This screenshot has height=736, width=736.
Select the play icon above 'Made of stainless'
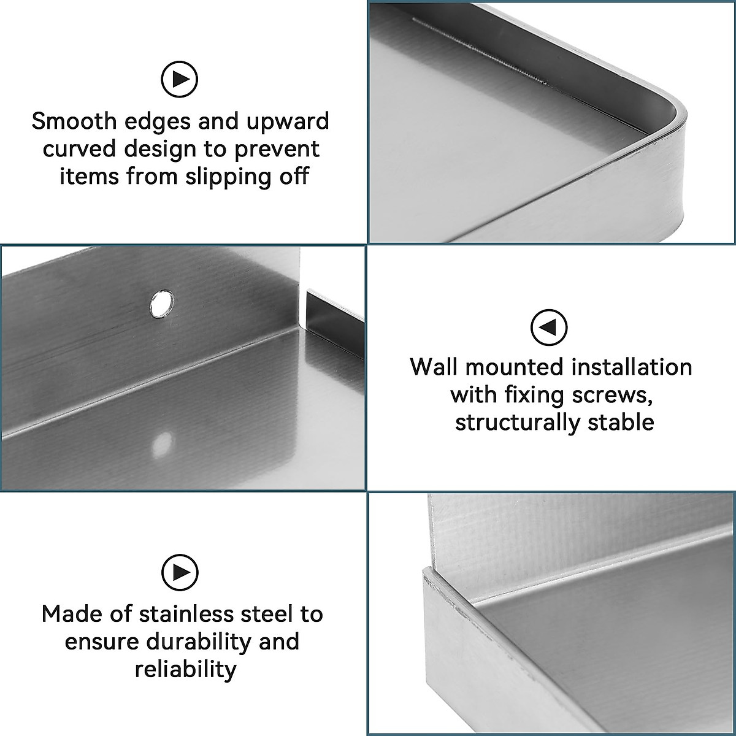click(x=180, y=572)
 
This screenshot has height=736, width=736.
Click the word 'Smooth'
click(x=74, y=121)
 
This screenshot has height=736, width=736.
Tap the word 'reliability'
click(x=185, y=669)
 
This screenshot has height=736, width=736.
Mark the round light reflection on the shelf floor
click(x=163, y=443)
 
